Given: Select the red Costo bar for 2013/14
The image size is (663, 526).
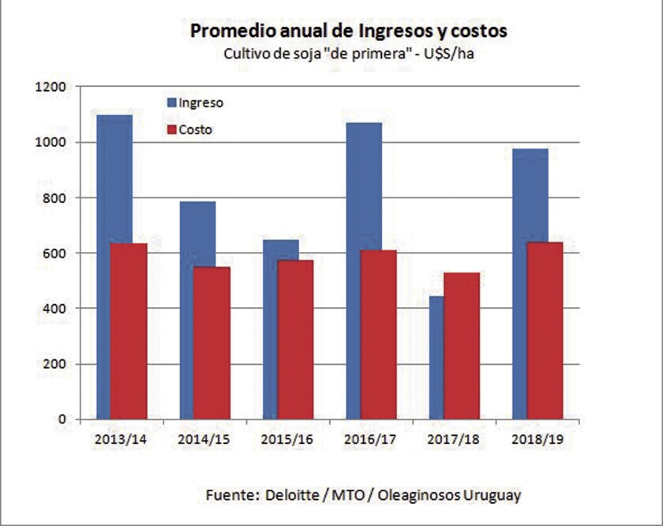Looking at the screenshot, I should [x=129, y=332].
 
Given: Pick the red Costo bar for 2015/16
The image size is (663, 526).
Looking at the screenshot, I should [x=295, y=340].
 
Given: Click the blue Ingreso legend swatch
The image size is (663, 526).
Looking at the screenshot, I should [x=170, y=103].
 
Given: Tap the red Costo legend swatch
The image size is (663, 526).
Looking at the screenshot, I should [x=170, y=130].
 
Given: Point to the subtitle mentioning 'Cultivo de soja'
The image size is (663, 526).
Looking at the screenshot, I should [x=347, y=55].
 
